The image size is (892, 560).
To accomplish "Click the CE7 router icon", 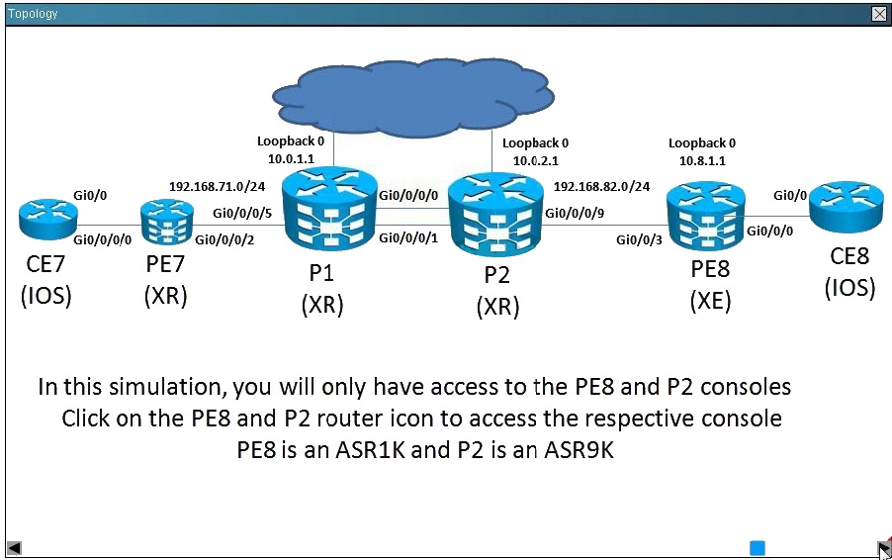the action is [x=47, y=219].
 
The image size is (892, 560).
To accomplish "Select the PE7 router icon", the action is [x=167, y=223].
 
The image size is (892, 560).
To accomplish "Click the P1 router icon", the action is [x=329, y=210].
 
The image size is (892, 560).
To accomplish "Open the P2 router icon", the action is [x=495, y=215].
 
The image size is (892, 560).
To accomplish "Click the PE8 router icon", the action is [x=705, y=217].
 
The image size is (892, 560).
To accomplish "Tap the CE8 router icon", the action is [x=847, y=207].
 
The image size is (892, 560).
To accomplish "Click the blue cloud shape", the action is [x=413, y=97].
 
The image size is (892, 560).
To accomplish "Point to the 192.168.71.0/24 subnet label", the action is [x=217, y=186].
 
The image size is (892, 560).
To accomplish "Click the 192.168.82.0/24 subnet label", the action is [x=601, y=186].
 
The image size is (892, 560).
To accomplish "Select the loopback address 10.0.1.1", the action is [x=292, y=158].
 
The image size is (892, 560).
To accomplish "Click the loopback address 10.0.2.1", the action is [x=536, y=160].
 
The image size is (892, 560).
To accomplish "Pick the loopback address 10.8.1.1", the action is [x=702, y=160].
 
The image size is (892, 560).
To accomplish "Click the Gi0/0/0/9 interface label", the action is [x=575, y=213].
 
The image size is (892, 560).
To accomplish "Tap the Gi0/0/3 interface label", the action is [x=639, y=239].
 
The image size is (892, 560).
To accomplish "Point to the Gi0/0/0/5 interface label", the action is [x=242, y=213].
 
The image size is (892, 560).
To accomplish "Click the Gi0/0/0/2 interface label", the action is [x=224, y=239].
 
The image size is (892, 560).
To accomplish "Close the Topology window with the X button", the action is [x=879, y=14].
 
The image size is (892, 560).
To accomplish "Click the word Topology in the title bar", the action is [x=33, y=14].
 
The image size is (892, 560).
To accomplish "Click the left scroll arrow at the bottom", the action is [x=14, y=548].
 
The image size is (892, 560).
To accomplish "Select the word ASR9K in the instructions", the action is [x=580, y=449].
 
